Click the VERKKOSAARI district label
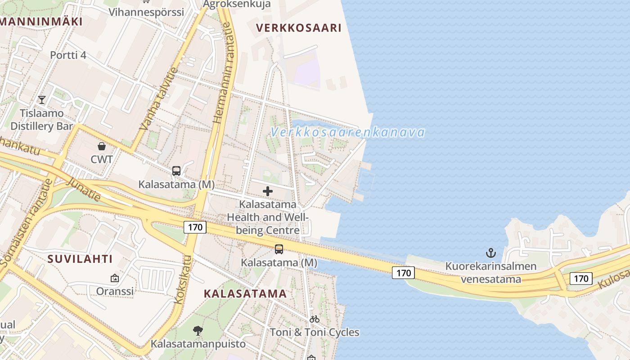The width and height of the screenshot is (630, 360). pos(299,28)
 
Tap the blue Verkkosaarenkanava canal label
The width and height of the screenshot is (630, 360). pos(348,132)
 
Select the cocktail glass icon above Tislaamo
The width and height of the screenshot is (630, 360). pos(42,99)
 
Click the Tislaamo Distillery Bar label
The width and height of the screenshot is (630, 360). pos(41,120)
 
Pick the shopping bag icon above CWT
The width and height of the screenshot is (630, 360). pos(102,146)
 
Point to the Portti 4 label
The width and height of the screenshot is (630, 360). pos(68,55)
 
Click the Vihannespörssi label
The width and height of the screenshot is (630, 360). pos(146,12)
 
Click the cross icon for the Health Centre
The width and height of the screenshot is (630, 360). pos(268,191)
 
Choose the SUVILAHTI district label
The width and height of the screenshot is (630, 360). pos(80,259)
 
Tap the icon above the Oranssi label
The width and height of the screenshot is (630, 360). pos(115,279)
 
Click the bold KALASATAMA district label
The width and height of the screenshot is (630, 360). pos(245,294)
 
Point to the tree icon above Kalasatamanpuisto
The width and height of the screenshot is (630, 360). pos(198,331)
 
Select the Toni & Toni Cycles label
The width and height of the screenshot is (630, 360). pos(315,333)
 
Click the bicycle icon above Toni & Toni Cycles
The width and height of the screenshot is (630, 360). pos(315,319)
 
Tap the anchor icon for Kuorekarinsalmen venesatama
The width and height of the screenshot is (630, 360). pos(491,253)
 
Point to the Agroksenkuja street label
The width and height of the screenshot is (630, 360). pos(237,4)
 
